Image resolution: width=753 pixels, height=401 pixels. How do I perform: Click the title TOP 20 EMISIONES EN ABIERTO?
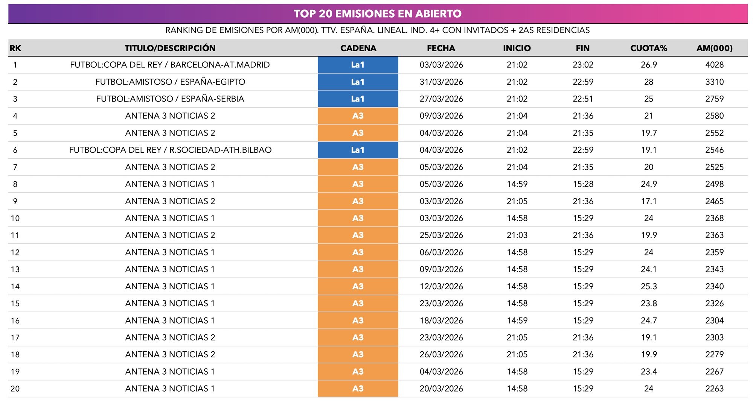click(378, 14)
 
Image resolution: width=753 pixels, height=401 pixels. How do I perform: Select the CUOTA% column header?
click(648, 48)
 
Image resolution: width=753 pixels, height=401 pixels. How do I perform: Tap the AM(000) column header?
click(714, 48)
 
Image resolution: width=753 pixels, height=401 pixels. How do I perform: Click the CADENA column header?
click(358, 48)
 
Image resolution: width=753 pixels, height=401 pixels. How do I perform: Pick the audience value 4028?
click(714, 65)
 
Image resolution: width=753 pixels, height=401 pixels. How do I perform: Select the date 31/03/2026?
click(441, 82)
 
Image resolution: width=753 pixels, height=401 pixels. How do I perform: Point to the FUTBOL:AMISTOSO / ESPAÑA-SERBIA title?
click(170, 99)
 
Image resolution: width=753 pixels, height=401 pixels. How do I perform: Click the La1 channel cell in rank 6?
click(358, 150)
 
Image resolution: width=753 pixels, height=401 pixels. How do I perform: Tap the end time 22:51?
click(582, 99)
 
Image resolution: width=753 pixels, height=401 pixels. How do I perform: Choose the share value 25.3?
click(648, 287)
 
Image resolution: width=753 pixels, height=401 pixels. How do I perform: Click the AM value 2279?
click(714, 354)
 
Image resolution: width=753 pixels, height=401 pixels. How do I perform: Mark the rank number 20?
click(15, 389)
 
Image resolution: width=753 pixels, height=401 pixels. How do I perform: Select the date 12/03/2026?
click(441, 287)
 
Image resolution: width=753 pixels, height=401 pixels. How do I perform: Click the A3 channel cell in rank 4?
click(358, 116)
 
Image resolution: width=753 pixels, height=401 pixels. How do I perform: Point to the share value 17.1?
click(648, 201)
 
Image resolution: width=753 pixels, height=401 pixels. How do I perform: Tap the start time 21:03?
click(517, 235)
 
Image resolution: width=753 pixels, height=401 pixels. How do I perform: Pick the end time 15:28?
click(582, 184)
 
